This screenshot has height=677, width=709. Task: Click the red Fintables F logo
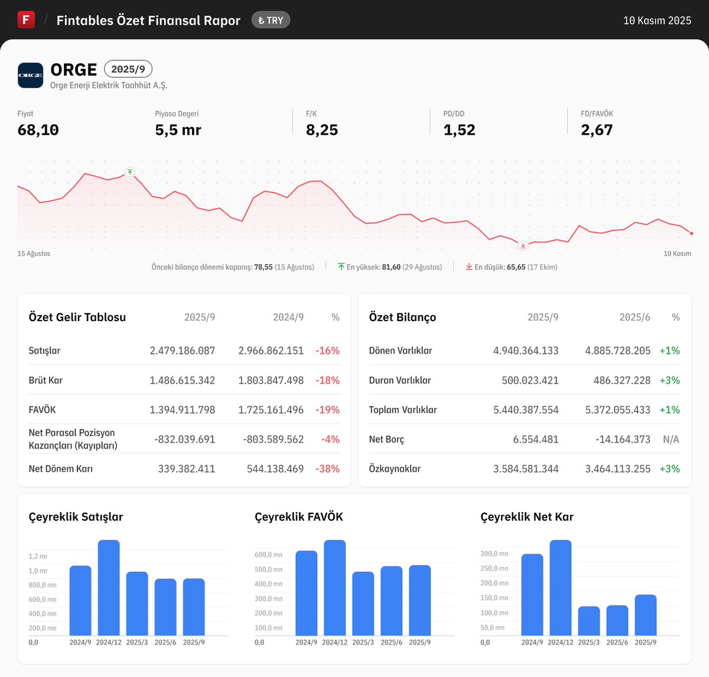point(26,20)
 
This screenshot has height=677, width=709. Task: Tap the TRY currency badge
point(271,20)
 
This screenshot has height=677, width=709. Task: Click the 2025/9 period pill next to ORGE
point(128,69)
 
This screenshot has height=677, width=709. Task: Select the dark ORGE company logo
point(30,75)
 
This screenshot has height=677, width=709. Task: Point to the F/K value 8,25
point(322,130)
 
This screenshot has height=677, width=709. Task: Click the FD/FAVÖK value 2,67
point(597,130)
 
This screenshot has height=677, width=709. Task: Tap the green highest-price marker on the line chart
point(130,172)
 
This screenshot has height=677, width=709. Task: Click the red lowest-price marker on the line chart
point(523,245)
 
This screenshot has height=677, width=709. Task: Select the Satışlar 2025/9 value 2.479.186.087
point(182,351)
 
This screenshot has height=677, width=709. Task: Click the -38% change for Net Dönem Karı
point(327,469)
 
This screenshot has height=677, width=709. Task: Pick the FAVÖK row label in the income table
point(42,410)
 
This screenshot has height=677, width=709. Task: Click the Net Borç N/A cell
point(671,439)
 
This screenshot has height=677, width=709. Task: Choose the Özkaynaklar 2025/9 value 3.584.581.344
point(526,469)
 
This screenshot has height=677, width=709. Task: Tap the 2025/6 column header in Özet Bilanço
point(635,318)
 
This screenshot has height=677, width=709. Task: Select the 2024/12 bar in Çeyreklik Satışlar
point(109,588)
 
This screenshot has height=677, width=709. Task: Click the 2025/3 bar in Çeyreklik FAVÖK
point(363,604)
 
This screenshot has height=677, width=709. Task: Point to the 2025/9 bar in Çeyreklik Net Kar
point(645,616)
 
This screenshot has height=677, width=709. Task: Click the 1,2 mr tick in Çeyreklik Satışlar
point(38,556)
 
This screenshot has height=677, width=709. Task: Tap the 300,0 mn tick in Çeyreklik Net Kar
point(494,554)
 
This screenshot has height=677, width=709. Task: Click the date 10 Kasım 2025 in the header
point(657,21)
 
